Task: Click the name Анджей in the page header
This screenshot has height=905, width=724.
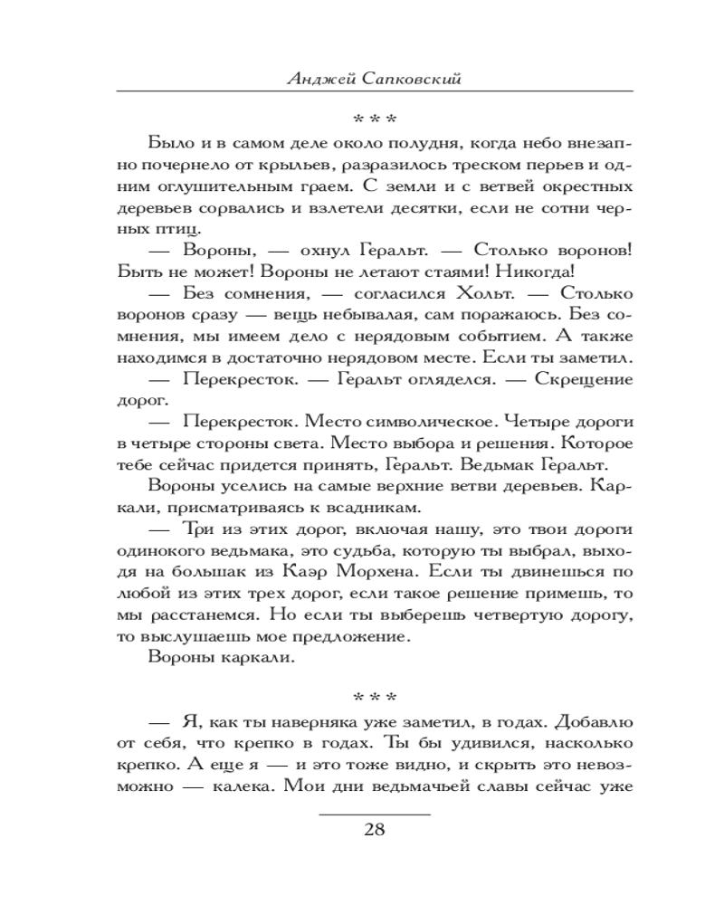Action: pos(318,79)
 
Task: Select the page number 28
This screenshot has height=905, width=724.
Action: pos(374,829)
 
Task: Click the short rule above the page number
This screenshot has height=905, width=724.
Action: pos(374,813)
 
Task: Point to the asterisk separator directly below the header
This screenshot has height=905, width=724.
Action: pos(373,119)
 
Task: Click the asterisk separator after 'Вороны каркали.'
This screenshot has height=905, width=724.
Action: pos(373,699)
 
